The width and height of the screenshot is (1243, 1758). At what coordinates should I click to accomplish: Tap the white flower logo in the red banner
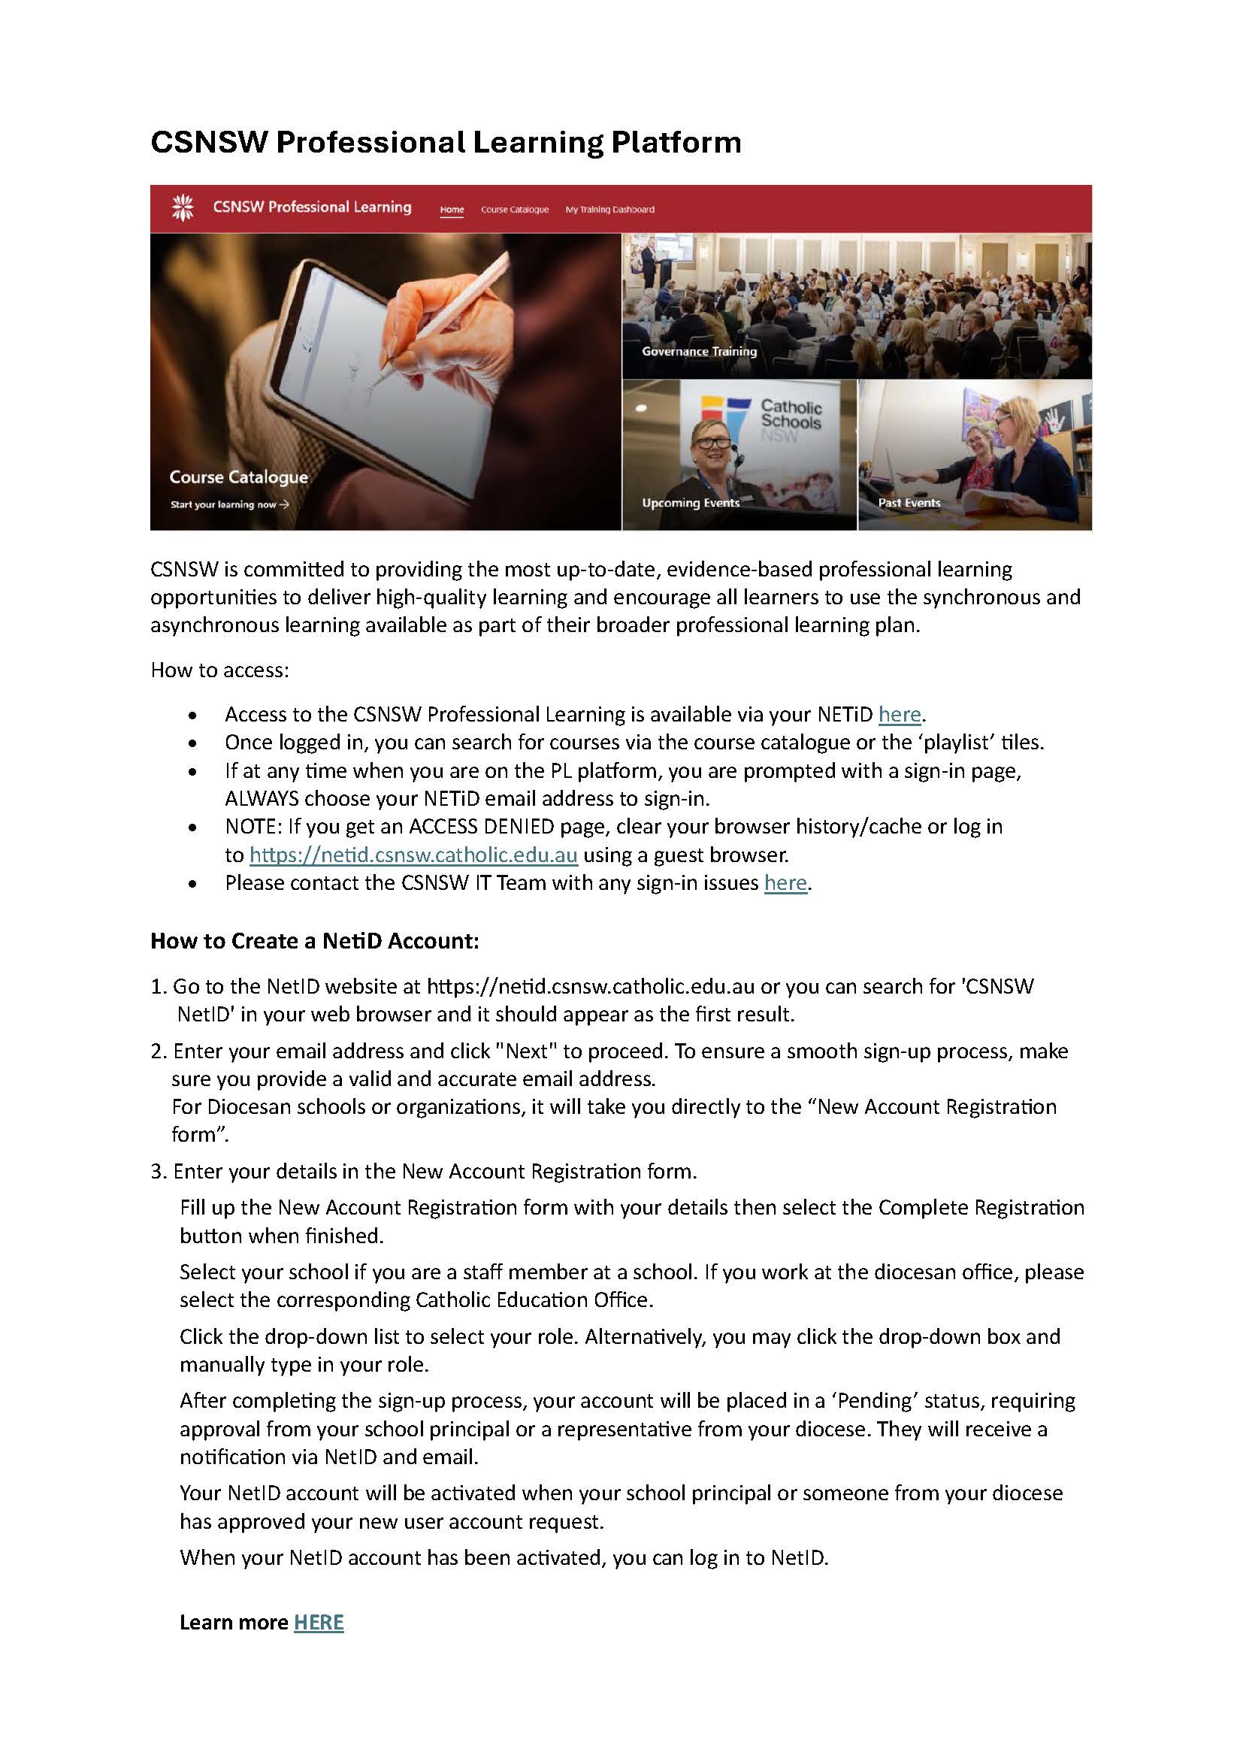[x=182, y=207]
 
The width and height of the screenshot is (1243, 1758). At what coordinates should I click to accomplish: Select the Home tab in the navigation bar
[x=452, y=210]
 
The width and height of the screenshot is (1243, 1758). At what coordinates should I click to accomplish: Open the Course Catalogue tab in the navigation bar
[x=514, y=210]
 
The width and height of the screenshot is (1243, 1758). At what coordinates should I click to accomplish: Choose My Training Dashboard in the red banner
[x=609, y=210]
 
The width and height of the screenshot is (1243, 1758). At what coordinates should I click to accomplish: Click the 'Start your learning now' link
[x=229, y=504]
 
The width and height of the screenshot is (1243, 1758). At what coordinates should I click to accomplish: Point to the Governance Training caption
[x=699, y=352]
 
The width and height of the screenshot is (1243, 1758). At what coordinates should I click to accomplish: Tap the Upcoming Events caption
[x=691, y=503]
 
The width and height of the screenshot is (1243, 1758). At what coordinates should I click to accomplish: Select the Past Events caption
[x=909, y=503]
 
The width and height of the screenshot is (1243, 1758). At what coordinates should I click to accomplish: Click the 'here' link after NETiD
[x=900, y=714]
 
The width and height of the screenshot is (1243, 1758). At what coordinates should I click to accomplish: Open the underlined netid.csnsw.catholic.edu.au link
[x=413, y=855]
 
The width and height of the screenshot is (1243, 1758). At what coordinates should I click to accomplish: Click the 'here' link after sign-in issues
[x=785, y=883]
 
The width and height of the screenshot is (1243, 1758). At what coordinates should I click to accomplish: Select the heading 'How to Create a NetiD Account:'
[x=315, y=941]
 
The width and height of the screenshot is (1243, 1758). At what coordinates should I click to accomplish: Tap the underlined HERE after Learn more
[x=319, y=1623]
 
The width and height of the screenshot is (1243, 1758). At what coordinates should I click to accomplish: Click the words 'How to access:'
[x=219, y=670]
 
